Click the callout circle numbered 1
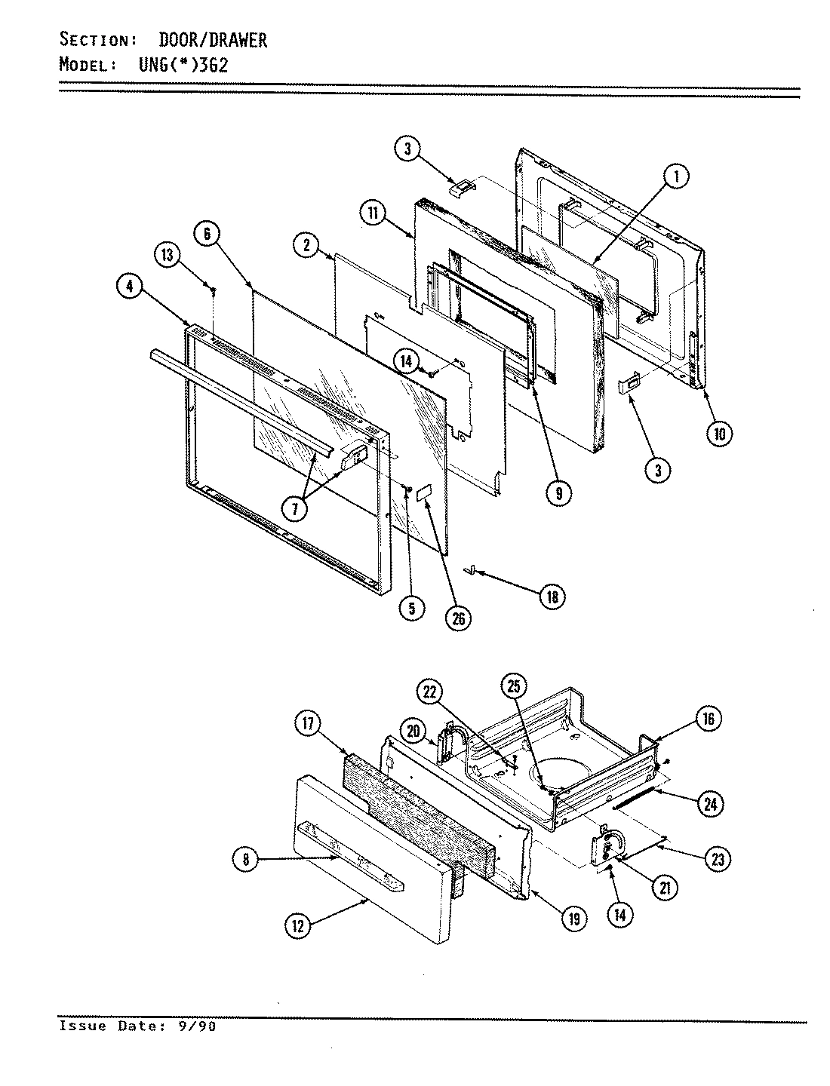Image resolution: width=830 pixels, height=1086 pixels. (676, 176)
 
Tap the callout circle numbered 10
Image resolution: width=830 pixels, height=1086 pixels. (719, 433)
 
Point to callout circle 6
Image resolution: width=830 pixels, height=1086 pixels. (207, 234)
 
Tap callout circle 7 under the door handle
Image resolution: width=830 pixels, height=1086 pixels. (295, 508)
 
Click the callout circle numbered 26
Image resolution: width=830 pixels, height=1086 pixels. (457, 618)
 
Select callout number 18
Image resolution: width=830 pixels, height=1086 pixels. (552, 596)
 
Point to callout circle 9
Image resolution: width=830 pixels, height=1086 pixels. (558, 493)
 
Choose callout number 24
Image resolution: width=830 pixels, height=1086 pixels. (709, 805)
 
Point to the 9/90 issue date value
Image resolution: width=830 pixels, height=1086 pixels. (198, 1026)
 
